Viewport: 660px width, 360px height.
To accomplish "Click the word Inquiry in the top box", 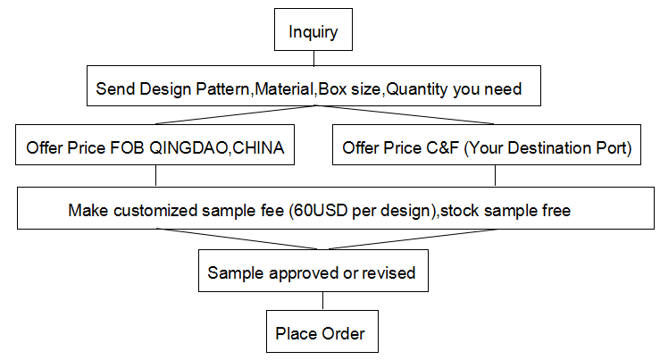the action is (x=313, y=32).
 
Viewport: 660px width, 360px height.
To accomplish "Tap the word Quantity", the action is (x=417, y=89).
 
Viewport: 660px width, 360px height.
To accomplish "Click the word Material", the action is (x=285, y=89).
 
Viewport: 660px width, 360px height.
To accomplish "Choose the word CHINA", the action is (x=258, y=148).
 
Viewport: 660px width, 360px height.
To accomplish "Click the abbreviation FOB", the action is (x=127, y=148).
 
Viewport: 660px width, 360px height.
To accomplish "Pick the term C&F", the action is (x=442, y=148).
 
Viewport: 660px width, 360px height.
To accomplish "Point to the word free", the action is (x=556, y=211).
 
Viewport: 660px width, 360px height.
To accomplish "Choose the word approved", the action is (x=304, y=273).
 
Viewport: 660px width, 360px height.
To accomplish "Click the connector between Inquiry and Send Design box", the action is (x=314, y=58).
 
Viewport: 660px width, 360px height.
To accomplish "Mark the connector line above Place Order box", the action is (x=322, y=301).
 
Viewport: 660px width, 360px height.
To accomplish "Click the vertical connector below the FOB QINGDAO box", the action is (x=155, y=176).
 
